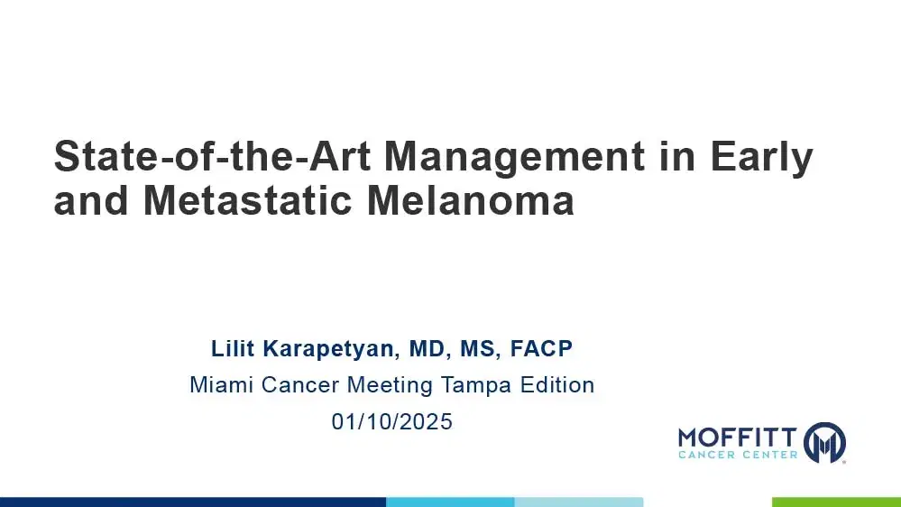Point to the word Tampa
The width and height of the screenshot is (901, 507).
pyautogui.click(x=477, y=385)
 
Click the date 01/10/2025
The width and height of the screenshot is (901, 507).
pyautogui.click(x=391, y=421)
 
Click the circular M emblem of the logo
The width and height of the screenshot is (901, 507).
pyautogui.click(x=824, y=442)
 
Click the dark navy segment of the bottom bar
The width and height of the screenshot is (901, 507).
pyautogui.click(x=193, y=502)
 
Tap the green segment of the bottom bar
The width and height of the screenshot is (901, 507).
pyautogui.click(x=836, y=502)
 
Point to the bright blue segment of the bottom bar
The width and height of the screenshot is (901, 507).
pyautogui.click(x=450, y=502)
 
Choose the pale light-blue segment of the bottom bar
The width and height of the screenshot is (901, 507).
pyautogui.click(x=579, y=502)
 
